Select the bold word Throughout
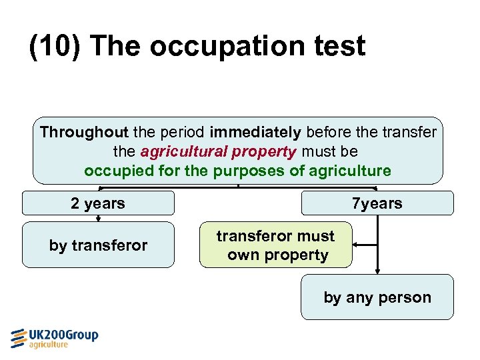(83, 132)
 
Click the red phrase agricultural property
(218, 151)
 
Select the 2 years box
(98, 203)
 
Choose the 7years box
(377, 203)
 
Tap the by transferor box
(98, 245)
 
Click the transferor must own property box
(276, 245)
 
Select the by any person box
(377, 297)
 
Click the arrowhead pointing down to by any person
(378, 270)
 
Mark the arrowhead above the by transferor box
(98, 218)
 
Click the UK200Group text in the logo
(63, 335)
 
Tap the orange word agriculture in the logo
(48, 345)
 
